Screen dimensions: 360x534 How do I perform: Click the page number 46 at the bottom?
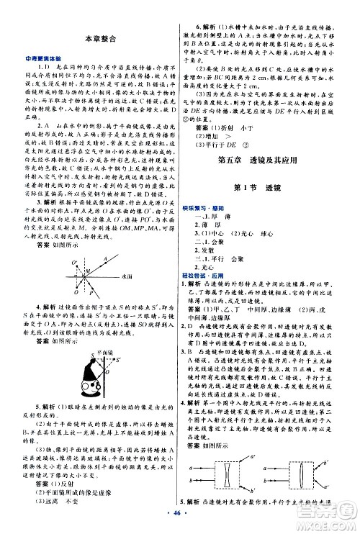point(180,518)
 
